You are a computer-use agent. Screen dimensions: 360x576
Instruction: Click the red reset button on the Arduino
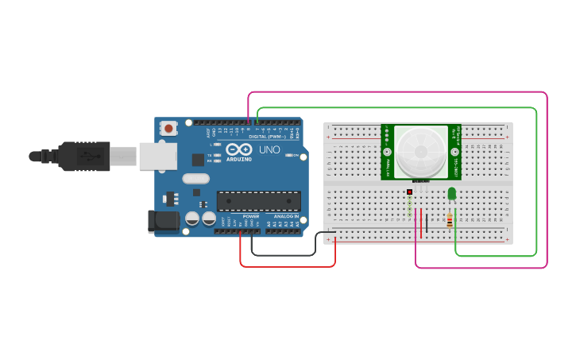pos(168,127)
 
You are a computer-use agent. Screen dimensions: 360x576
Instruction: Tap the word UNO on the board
pos(269,149)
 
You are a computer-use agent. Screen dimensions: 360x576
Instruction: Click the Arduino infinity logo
pos(239,149)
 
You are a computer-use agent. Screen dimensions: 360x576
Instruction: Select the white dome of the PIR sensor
pos(421,151)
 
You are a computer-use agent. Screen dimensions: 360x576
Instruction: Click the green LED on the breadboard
pos(451,193)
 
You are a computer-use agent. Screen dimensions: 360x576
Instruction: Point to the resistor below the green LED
pos(450,220)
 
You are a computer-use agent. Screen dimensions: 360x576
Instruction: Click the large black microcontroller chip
pos(259,201)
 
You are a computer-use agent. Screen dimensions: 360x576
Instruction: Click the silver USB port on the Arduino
pos(157,156)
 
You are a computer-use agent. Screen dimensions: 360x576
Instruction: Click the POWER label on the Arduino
pos(251,216)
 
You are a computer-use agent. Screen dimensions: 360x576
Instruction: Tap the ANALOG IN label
pos(287,216)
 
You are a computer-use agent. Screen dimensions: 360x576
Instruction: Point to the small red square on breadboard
pos(409,192)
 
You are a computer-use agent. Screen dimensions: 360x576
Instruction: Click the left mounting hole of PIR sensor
pos(387,151)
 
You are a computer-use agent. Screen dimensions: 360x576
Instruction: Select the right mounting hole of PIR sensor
pos(455,151)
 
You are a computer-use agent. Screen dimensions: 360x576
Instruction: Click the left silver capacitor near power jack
pos(192,218)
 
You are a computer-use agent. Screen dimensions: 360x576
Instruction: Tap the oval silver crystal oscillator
pos(196,179)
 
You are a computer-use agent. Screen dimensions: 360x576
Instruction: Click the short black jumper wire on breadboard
pos(427,223)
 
